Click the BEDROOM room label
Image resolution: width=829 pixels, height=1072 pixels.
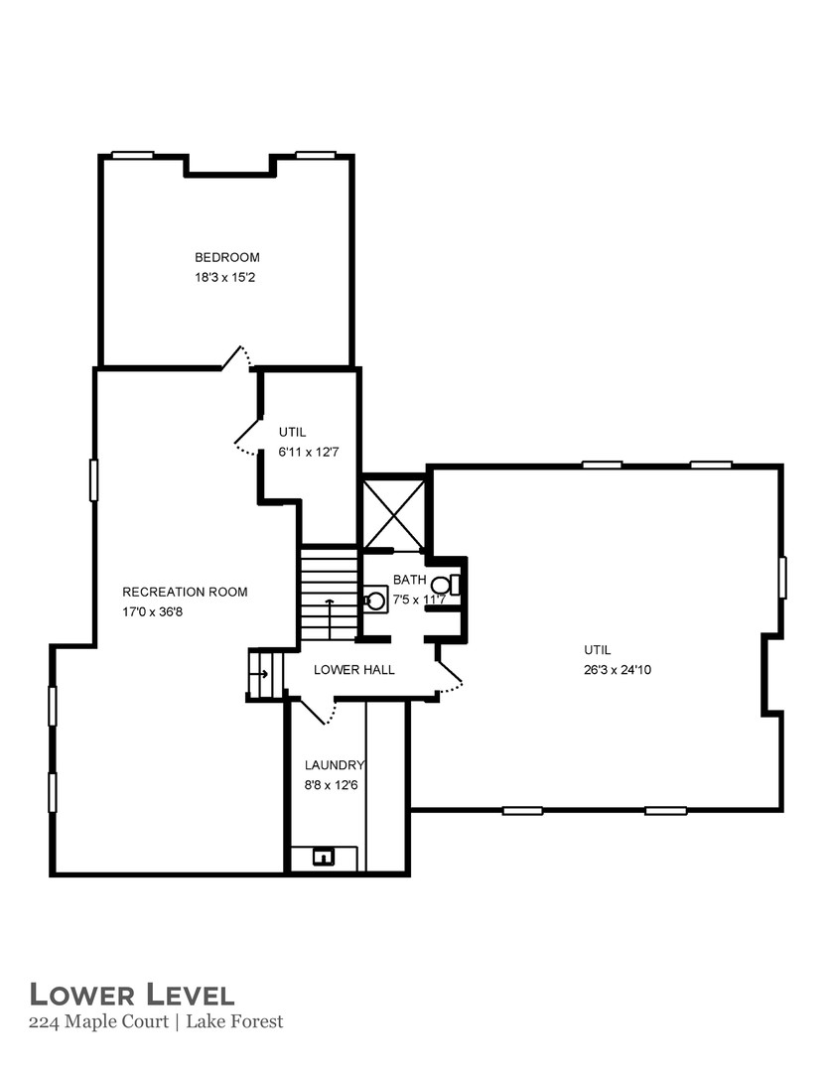(226, 257)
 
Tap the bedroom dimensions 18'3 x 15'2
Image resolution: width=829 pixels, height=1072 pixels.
(226, 278)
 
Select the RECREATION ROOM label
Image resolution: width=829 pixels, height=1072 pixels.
(185, 592)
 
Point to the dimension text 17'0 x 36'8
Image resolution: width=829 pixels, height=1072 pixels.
(152, 612)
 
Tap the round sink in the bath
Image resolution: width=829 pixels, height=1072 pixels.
(374, 600)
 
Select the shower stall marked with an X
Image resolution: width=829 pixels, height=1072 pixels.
(394, 514)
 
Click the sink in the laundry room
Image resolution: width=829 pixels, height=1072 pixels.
(324, 857)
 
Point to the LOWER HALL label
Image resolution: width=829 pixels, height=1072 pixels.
(353, 670)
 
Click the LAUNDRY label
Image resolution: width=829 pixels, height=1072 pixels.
(335, 765)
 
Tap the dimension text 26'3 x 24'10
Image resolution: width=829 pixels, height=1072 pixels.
(617, 670)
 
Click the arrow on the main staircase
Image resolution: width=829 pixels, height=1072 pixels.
(330, 604)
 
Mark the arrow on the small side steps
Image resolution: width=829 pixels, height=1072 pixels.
(261, 674)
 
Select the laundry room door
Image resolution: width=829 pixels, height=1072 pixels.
(319, 711)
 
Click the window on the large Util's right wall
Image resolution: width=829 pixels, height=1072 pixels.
(782, 578)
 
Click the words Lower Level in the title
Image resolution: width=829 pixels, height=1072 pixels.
(131, 995)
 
